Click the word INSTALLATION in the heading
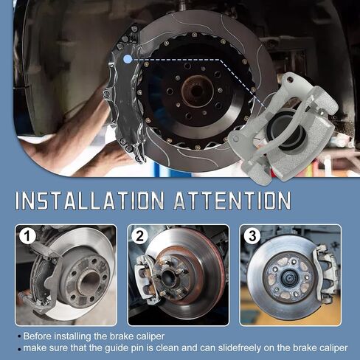(x=90, y=201)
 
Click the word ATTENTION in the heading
(x=232, y=201)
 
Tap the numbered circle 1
(x=27, y=236)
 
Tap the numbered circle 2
(x=139, y=236)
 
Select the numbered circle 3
(x=252, y=236)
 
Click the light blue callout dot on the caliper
(x=128, y=59)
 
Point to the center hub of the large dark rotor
(x=197, y=91)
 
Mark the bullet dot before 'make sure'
(x=19, y=349)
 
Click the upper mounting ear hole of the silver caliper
(x=290, y=79)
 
